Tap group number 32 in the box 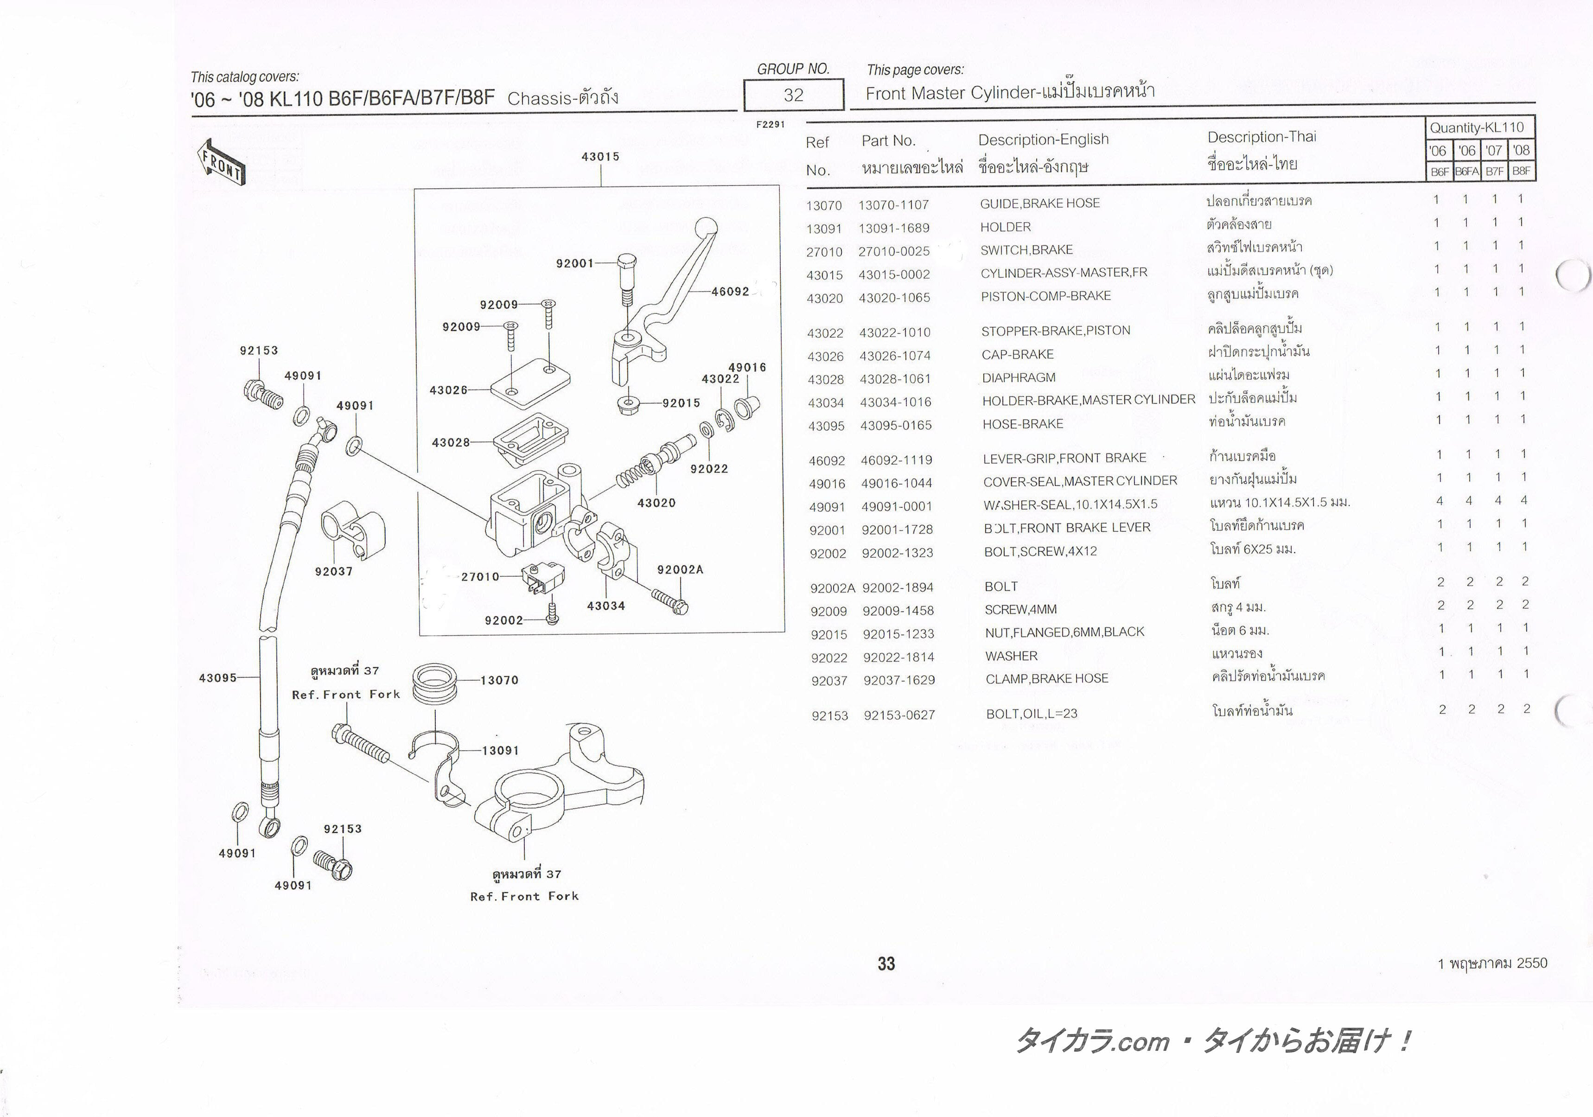tap(793, 95)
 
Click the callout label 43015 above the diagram tap(600, 157)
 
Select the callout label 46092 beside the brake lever tap(730, 291)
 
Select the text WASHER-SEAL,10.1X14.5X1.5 tap(1070, 504)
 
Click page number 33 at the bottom tap(886, 963)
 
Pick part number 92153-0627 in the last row tap(899, 715)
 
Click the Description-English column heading tap(1043, 140)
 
